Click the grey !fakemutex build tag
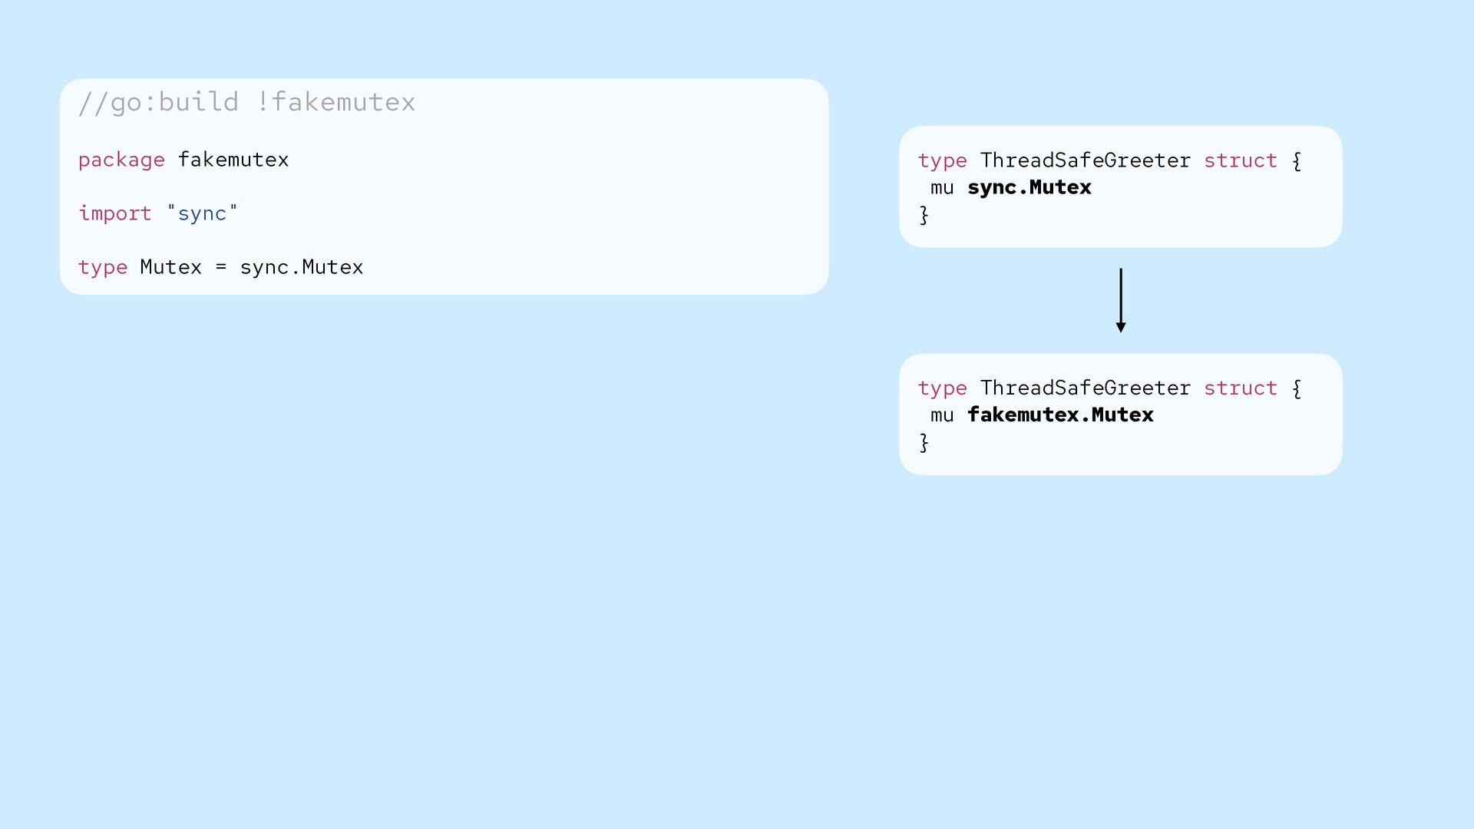336,101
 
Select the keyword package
121,160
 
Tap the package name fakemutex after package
233,160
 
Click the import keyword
115,213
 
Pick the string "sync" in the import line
203,213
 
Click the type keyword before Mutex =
103,268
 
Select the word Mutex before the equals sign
171,267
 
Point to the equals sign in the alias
221,267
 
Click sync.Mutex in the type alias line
302,267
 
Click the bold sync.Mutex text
1029,187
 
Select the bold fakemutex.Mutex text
1060,414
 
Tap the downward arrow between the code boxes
1121,300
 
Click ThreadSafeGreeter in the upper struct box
1086,160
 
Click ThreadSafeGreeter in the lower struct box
1086,388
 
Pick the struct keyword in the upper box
1241,160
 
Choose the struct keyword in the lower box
1241,388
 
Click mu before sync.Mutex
942,188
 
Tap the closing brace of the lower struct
924,442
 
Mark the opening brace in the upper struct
1297,160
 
